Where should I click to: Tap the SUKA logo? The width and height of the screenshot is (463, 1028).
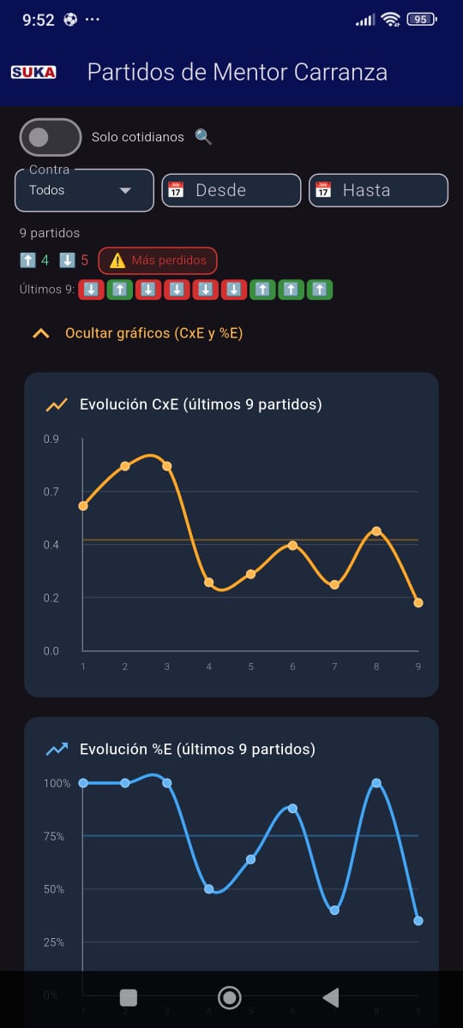33,72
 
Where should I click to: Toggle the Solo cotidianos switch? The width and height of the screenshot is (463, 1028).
51,137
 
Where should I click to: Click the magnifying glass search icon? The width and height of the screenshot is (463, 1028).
203,137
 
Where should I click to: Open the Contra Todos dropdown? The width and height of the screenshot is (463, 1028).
85,190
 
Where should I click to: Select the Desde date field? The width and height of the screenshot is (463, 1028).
231,190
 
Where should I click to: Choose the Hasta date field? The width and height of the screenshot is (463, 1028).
378,190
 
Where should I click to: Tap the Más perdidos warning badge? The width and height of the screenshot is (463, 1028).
158,260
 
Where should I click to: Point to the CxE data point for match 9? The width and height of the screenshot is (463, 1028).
418,602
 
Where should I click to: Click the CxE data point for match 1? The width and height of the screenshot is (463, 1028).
83,505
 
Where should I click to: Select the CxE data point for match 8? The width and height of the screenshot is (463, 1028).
376,531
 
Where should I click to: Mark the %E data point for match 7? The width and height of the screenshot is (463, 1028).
334,910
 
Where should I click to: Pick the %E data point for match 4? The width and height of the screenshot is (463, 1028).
209,889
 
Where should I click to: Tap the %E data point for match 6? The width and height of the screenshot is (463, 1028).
292,808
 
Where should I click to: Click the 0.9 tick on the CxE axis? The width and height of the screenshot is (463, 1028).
51,439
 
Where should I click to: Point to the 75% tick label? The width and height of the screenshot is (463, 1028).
54,836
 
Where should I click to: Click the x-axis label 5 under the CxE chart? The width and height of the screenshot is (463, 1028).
250,666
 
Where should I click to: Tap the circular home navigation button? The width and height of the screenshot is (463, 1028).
230,997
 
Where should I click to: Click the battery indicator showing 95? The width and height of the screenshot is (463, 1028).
422,19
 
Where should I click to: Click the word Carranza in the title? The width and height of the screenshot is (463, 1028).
340,72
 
